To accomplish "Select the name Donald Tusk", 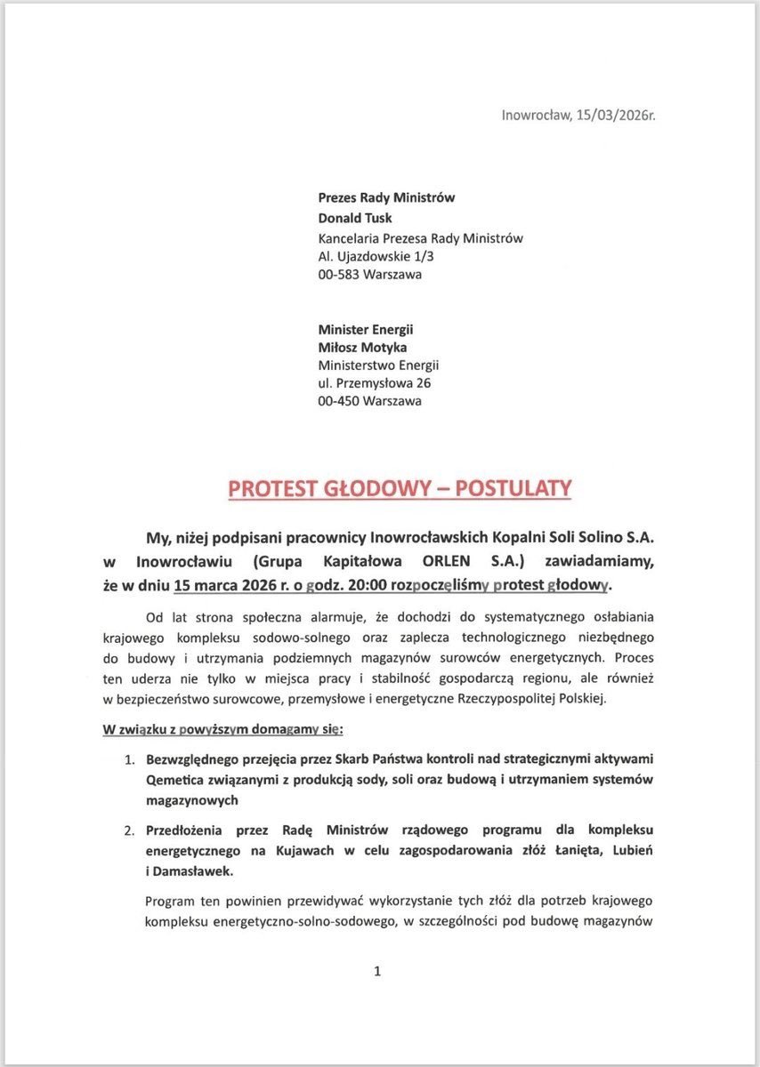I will [x=356, y=218].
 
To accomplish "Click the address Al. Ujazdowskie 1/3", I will [x=376, y=256].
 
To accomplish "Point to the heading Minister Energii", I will [x=366, y=329].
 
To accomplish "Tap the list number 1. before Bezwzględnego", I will [x=128, y=760].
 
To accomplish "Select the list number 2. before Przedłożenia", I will [x=128, y=830].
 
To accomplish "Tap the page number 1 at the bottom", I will [x=377, y=971].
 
